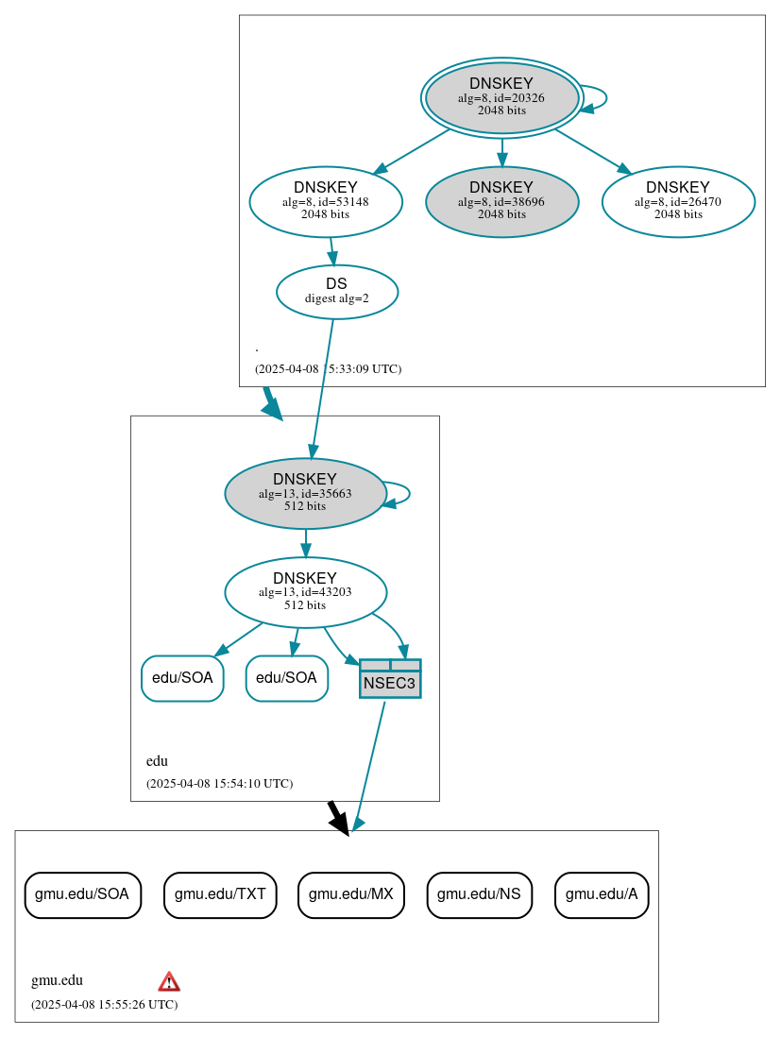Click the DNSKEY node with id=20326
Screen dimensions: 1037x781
[x=501, y=97]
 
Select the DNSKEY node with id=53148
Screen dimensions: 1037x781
[x=326, y=201]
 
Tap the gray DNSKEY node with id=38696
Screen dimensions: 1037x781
[x=501, y=201]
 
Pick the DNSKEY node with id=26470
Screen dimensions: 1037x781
[x=677, y=201]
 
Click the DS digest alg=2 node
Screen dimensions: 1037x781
[x=337, y=291]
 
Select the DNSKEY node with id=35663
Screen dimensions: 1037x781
[x=305, y=493]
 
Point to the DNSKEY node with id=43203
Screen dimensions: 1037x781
[x=305, y=592]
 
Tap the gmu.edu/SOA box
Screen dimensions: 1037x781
[x=82, y=894]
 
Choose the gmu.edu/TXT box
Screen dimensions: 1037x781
[x=220, y=894]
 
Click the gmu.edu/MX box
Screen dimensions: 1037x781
[x=351, y=894]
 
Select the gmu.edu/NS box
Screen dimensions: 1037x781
[x=480, y=894]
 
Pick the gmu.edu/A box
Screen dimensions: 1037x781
[x=602, y=894]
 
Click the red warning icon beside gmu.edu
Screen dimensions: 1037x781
[x=169, y=981]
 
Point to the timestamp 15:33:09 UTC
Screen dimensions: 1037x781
[x=328, y=368]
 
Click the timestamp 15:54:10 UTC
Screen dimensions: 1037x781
[x=219, y=784]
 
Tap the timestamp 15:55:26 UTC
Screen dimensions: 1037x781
[x=104, y=1005]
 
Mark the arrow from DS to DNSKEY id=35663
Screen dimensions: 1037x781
[x=322, y=387]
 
